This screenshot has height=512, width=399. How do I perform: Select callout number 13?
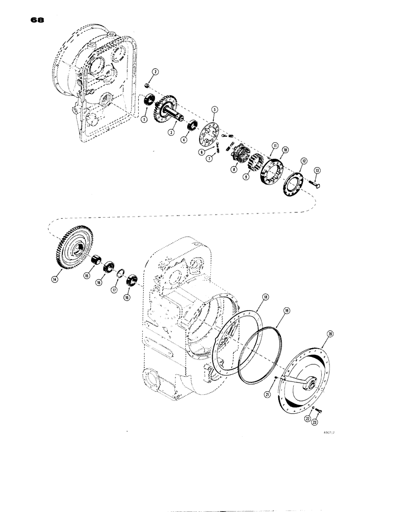click(317, 170)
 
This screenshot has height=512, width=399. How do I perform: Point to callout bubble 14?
click(55, 279)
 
